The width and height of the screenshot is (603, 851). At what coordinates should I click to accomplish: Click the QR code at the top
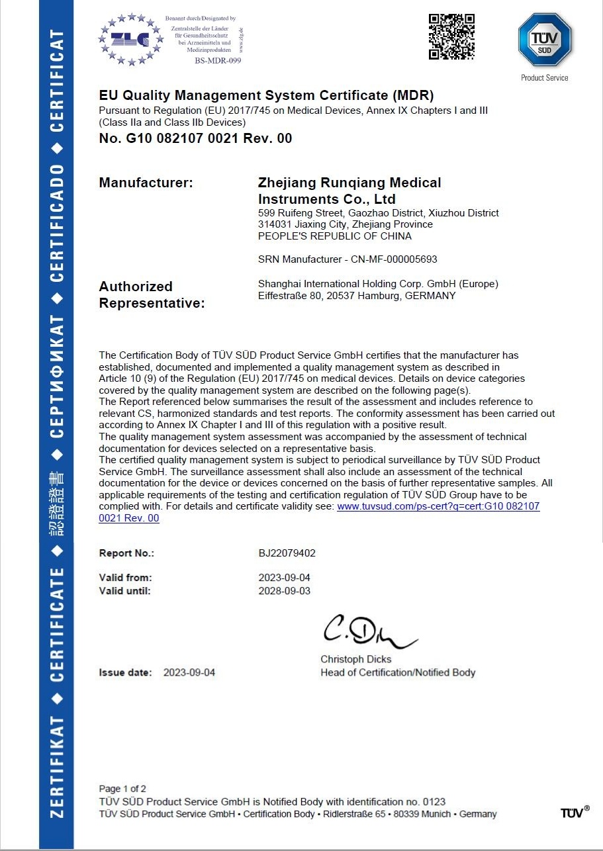pyautogui.click(x=451, y=36)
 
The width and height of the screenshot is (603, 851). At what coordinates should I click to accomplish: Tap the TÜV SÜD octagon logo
pyautogui.click(x=544, y=40)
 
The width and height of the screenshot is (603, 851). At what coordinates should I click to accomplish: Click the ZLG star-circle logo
pyautogui.click(x=130, y=39)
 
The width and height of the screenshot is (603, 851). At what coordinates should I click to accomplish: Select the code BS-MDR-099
pyautogui.click(x=218, y=61)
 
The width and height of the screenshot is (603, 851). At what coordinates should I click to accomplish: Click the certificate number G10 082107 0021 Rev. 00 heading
pyautogui.click(x=195, y=138)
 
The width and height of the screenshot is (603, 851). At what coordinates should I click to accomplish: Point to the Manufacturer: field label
pyautogui.click(x=146, y=183)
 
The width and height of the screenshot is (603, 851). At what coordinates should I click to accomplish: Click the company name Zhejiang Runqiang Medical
pyautogui.click(x=349, y=183)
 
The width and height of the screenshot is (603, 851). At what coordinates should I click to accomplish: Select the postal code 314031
pyautogui.click(x=272, y=224)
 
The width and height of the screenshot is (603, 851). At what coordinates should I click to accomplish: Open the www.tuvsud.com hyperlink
pyautogui.click(x=438, y=506)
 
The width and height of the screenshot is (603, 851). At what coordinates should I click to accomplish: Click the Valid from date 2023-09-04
pyautogui.click(x=284, y=578)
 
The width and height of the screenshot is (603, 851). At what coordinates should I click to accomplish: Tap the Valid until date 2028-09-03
pyautogui.click(x=284, y=591)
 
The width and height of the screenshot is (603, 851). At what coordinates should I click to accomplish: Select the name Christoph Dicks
pyautogui.click(x=355, y=659)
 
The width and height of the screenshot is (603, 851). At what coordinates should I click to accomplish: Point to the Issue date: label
pyautogui.click(x=126, y=672)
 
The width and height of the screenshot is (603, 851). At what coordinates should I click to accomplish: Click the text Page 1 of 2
pyautogui.click(x=122, y=789)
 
